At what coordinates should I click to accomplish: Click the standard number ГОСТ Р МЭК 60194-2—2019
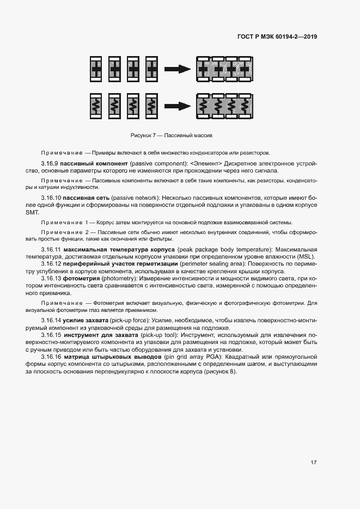click(277, 37)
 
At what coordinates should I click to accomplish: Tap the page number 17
click(314, 462)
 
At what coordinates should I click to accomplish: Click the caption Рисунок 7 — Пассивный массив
click(171, 134)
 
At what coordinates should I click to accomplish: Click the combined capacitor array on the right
click(223, 69)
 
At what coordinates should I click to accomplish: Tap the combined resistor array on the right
click(223, 105)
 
